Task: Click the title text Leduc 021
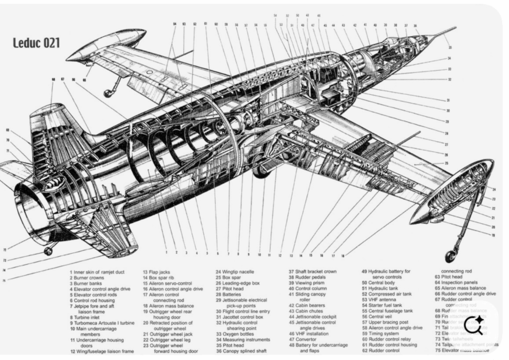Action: point(36,43)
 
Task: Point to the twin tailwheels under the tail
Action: point(48,251)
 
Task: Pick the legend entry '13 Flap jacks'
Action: point(157,272)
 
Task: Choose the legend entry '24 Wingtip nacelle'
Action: point(234,272)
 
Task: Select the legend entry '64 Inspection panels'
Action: point(460,282)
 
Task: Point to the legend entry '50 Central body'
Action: point(378,282)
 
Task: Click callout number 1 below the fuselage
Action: point(167,253)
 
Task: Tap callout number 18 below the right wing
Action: point(343,256)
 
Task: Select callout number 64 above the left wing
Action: point(174,24)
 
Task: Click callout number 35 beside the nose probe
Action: point(450,48)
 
